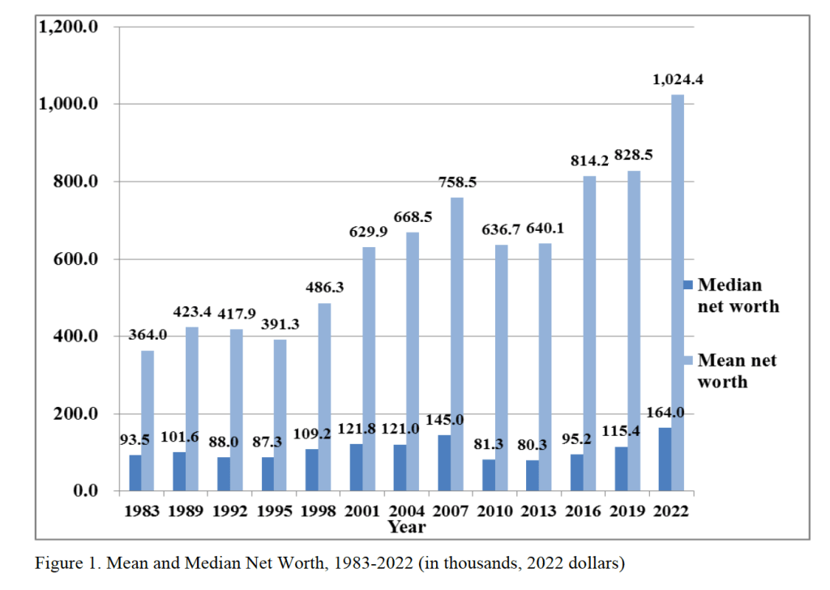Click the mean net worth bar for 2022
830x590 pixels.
click(677, 293)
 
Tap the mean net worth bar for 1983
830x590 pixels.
click(148, 421)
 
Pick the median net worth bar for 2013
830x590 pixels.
click(532, 475)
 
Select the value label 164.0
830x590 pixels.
click(665, 413)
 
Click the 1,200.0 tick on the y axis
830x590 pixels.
click(69, 27)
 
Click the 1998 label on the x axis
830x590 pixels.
click(319, 511)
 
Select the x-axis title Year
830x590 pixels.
click(406, 527)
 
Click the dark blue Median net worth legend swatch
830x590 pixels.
click(689, 285)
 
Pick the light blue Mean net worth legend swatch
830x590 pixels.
click(689, 361)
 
